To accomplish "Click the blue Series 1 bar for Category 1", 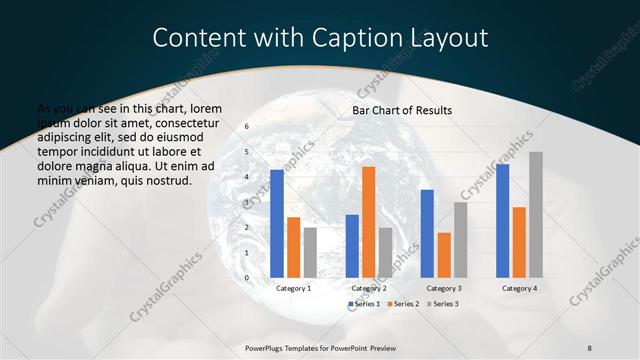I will [277, 223].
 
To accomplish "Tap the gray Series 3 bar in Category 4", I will [536, 214].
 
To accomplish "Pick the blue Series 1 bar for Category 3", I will [427, 233].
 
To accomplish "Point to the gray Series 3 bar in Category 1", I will [310, 252].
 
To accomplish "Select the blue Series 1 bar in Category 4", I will [502, 220].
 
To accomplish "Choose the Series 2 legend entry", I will [403, 303].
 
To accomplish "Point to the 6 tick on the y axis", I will [247, 127].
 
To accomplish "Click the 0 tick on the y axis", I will [247, 277].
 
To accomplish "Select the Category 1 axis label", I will [293, 288].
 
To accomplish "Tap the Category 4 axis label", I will [519, 288].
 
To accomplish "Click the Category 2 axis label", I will [369, 288].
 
